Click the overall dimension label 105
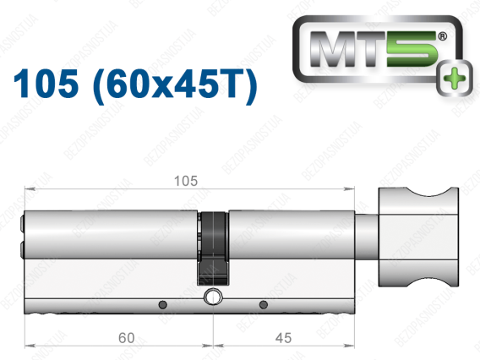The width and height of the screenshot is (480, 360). (186, 181)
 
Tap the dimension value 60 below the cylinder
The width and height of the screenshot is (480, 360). (127, 338)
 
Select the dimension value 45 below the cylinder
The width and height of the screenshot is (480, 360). (283, 338)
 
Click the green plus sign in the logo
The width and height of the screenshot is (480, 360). (455, 79)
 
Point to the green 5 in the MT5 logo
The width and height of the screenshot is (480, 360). (412, 49)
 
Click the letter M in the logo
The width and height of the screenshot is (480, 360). (332, 49)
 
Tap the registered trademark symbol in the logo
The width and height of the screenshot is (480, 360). (442, 36)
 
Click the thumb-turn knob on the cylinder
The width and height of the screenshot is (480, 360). (418, 237)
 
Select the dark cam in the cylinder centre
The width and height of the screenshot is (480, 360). (213, 248)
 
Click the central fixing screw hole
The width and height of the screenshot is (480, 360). (213, 297)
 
